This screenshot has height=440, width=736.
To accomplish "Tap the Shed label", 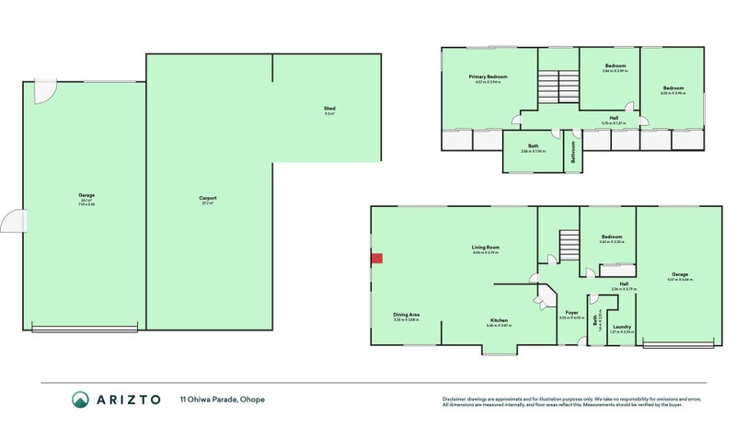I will pyautogui.click(x=328, y=110).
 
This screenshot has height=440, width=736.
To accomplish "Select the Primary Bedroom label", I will pyautogui.click(x=488, y=76).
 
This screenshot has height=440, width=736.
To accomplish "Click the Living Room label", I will pyautogui.click(x=485, y=249).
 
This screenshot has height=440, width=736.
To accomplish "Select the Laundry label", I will pyautogui.click(x=621, y=326).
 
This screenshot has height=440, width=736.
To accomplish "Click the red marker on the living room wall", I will pyautogui.click(x=375, y=259).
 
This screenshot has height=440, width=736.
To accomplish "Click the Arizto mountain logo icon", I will pyautogui.click(x=81, y=399).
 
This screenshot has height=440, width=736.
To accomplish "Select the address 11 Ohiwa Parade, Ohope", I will pyautogui.click(x=215, y=399).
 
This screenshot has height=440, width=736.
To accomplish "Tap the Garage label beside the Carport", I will pyautogui.click(x=87, y=196).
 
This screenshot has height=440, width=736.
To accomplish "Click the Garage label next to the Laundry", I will pyautogui.click(x=680, y=274).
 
